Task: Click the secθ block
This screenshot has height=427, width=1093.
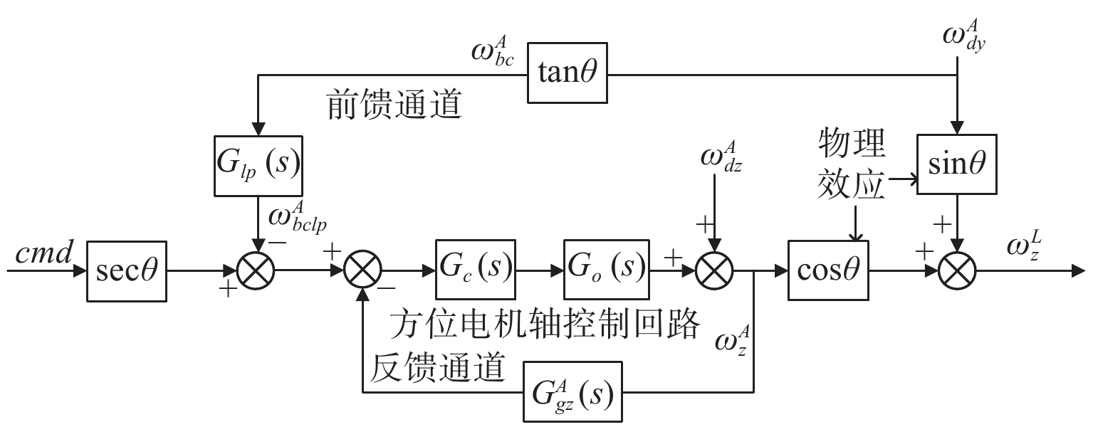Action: click(126, 270)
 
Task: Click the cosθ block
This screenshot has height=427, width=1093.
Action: click(829, 270)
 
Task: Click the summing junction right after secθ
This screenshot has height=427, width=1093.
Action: click(257, 271)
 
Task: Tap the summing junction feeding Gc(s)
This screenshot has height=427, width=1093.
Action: click(363, 271)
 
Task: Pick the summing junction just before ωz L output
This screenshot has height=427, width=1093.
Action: click(956, 271)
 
